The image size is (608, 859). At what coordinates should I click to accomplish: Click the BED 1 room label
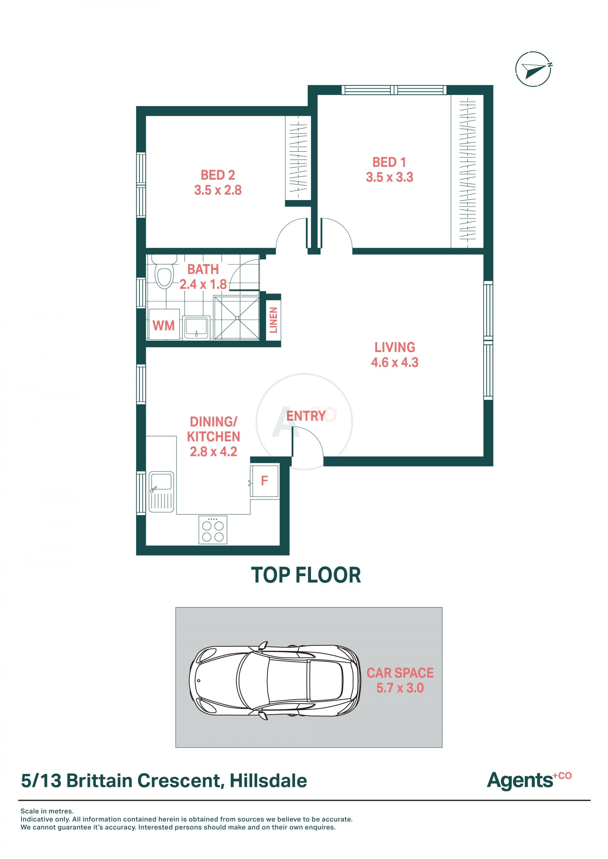[389, 169]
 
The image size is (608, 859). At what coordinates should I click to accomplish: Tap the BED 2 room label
[218, 183]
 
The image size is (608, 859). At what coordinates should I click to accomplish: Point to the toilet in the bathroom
[164, 272]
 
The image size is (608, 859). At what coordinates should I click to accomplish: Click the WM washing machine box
[164, 324]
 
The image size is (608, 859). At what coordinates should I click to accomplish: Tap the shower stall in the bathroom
[237, 318]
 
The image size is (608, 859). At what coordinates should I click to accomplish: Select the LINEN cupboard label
[274, 320]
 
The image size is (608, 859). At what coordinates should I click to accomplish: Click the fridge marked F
[264, 481]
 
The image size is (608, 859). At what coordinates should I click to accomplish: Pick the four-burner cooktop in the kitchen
[213, 530]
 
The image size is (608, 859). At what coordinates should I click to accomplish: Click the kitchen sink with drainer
[161, 492]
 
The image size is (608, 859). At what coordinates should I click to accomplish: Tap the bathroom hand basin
[196, 328]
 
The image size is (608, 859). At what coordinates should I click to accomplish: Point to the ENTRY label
[306, 416]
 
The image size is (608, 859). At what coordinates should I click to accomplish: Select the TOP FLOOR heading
[306, 575]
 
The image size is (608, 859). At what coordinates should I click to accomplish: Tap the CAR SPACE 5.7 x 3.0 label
[400, 680]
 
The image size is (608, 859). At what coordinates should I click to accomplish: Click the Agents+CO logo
[529, 781]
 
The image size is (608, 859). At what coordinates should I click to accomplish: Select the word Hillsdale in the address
[268, 781]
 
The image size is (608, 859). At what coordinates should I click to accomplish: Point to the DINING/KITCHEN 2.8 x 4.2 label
[213, 436]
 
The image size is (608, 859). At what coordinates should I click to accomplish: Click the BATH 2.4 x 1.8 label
[203, 277]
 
